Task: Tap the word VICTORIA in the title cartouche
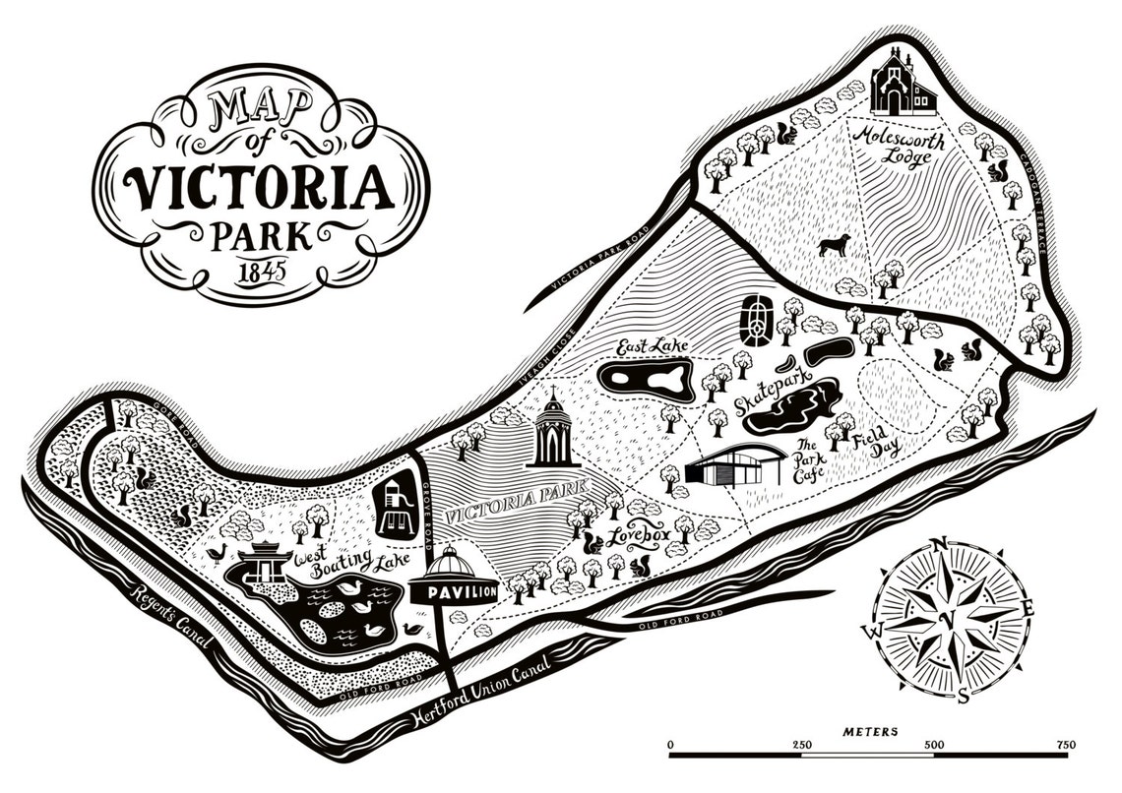point(260,188)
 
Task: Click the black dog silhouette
point(834,244)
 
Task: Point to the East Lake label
point(651,346)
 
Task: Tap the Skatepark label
point(771,391)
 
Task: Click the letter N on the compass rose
point(939,545)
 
